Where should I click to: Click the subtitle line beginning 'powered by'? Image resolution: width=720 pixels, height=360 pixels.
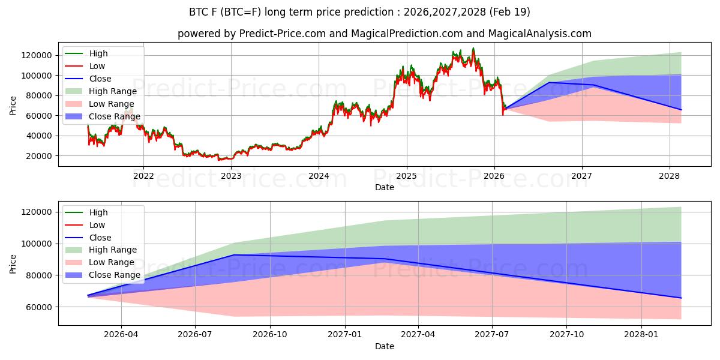pyautogui.click(x=384, y=34)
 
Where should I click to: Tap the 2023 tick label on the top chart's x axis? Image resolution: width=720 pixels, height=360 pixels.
pyautogui.click(x=231, y=176)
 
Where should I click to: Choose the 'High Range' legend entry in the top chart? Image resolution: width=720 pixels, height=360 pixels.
pyautogui.click(x=113, y=91)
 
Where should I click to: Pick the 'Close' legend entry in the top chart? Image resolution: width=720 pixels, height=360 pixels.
pyautogui.click(x=100, y=79)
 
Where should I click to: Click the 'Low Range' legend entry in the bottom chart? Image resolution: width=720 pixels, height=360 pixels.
pyautogui.click(x=112, y=262)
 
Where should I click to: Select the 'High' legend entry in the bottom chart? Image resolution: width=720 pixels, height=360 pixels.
pyautogui.click(x=98, y=212)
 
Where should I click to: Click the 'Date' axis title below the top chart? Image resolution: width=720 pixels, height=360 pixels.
pyautogui.click(x=384, y=187)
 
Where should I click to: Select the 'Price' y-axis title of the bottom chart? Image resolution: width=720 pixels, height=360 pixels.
pyautogui.click(x=13, y=263)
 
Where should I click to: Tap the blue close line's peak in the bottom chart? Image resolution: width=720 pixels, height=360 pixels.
pyautogui.click(x=234, y=255)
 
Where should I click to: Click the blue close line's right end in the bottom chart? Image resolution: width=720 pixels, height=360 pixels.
pyautogui.click(x=681, y=298)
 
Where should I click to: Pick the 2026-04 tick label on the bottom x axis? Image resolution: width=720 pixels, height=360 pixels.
pyautogui.click(x=121, y=334)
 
